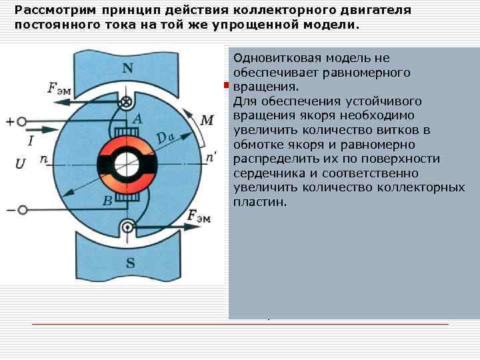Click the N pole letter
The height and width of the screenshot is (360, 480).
[x=127, y=68]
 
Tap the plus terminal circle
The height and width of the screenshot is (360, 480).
[x=22, y=122]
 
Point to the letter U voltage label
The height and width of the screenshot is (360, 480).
[x=20, y=163]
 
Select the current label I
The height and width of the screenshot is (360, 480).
[x=31, y=140]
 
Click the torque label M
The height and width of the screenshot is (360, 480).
[x=207, y=120]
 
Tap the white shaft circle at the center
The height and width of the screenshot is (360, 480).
[x=127, y=164]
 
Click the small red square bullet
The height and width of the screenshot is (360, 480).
[x=226, y=85]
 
